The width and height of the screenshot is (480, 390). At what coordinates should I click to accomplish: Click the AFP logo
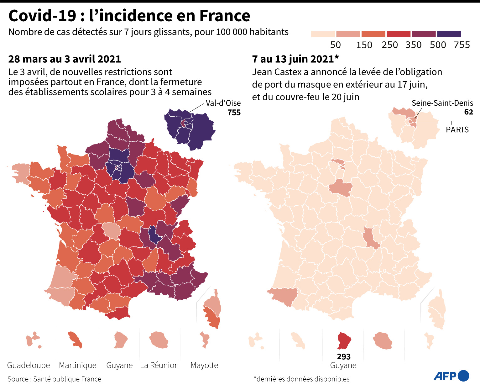pos(451,376)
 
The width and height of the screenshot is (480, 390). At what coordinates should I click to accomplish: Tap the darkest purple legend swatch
pos(449,34)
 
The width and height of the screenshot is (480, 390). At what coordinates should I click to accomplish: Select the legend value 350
pos(413,45)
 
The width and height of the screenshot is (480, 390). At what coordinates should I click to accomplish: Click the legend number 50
pos(336,45)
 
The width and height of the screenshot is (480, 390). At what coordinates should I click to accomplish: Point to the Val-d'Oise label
pos(223,103)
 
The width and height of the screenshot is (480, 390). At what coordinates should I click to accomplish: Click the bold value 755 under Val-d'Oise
pos(234,113)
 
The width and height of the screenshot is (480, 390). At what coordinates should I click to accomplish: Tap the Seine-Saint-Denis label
pos(442,103)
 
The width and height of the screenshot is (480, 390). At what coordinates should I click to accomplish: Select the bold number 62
pos(468,112)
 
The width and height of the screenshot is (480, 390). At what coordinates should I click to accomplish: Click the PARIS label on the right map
pos(457,129)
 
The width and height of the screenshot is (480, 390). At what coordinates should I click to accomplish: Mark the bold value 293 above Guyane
pos(344,356)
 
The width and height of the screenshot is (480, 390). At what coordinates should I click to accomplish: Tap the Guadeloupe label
pos(29,365)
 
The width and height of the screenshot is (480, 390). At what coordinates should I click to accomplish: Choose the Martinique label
pos(78,365)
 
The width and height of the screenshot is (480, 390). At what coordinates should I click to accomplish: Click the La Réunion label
pos(159,365)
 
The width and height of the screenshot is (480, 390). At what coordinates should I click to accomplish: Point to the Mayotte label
pos(204,365)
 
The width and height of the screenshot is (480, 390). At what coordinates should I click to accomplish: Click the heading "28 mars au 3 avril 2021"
pos(65,59)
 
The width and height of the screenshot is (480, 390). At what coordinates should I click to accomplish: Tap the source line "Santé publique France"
pos(67,379)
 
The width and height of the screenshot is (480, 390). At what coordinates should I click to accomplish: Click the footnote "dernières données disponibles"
pos(303,379)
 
